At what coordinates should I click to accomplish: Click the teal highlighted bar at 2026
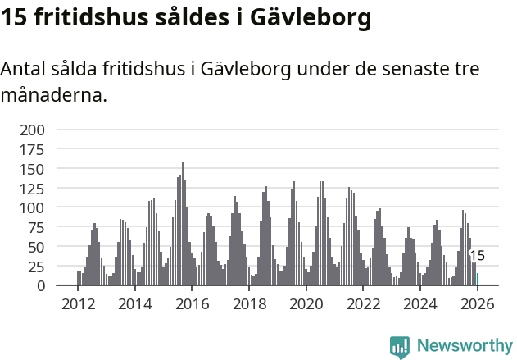(x=478, y=280)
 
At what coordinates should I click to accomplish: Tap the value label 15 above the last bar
(x=478, y=256)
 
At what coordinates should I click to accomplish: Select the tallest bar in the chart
(x=183, y=225)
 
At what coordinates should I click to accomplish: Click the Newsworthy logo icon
(x=400, y=347)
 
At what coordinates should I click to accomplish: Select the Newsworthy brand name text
(x=464, y=346)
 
